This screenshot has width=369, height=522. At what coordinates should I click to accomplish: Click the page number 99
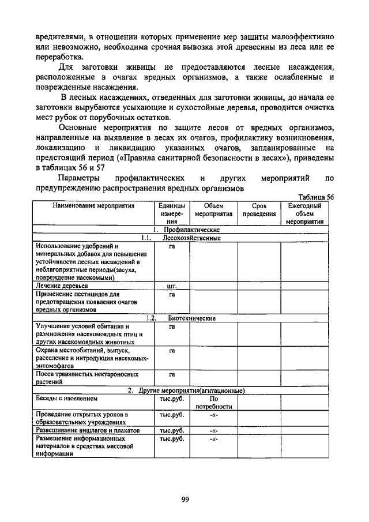click(x=184, y=500)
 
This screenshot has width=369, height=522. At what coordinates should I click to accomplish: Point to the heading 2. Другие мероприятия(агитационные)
click(x=186, y=390)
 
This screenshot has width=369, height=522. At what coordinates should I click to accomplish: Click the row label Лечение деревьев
click(x=61, y=286)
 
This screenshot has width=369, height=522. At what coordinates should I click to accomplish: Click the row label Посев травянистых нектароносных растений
click(x=86, y=378)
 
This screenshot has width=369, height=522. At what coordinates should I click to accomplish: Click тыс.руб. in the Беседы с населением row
click(x=171, y=398)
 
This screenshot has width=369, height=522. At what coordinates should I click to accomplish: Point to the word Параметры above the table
click(x=82, y=179)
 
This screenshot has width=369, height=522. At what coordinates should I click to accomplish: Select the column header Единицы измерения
click(x=171, y=213)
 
